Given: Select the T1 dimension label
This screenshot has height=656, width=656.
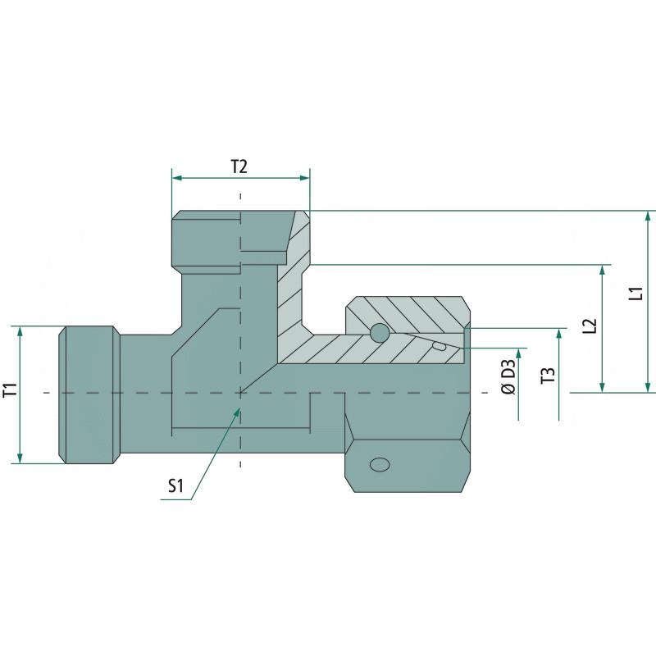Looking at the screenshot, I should point(10,391).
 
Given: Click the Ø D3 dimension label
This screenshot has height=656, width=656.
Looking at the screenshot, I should point(508,376).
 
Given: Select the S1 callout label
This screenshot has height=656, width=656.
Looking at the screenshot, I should point(175,486).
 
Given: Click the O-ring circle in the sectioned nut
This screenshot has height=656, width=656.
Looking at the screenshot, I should point(379,333).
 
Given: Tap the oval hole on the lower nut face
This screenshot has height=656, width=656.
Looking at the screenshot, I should point(380,464).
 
